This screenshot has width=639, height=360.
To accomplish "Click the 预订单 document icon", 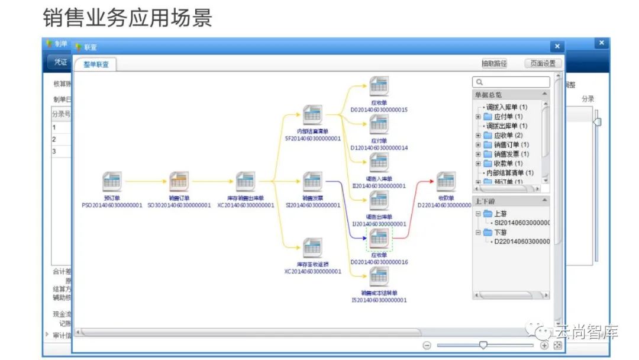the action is click(x=112, y=181).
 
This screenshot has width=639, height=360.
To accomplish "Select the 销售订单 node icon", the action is click(x=179, y=181).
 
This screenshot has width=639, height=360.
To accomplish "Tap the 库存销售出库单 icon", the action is click(x=245, y=181).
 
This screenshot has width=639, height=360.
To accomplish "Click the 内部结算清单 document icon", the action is click(x=312, y=114).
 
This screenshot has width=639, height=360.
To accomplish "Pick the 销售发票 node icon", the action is click(x=312, y=181).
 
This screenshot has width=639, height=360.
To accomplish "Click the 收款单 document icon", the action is click(x=446, y=181).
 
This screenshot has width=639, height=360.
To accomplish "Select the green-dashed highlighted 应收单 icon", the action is click(x=379, y=240).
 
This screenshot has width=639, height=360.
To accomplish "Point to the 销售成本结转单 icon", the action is click(x=379, y=277).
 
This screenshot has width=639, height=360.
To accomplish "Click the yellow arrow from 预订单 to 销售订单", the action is click(x=145, y=181).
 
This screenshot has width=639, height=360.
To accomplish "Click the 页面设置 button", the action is click(x=543, y=63).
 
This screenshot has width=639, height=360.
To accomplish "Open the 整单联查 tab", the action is click(x=96, y=65).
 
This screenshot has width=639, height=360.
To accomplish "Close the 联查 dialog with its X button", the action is click(x=556, y=47).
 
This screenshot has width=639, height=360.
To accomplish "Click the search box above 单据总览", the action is click(x=512, y=82).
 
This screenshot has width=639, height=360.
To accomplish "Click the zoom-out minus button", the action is click(x=427, y=345).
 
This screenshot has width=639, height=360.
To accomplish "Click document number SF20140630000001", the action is click(x=313, y=139).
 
